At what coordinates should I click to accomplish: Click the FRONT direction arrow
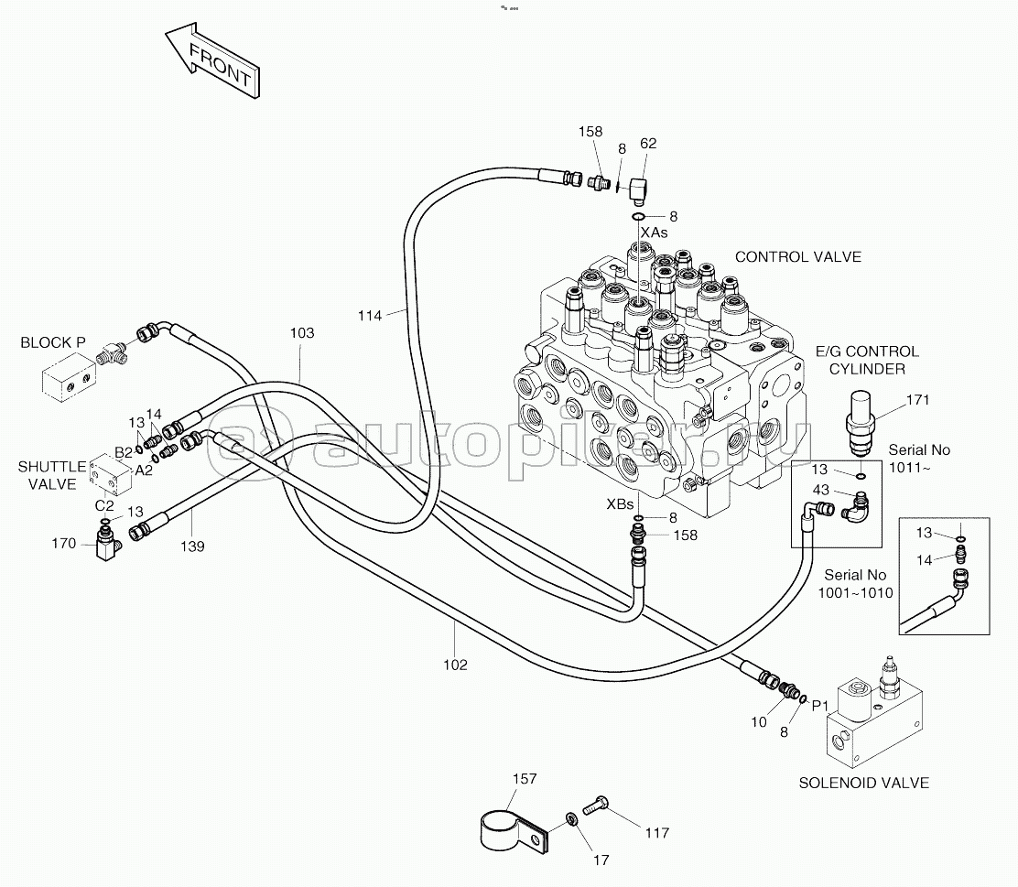(212, 60)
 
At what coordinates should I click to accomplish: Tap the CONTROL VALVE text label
(798, 257)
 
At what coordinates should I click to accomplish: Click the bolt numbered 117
(595, 806)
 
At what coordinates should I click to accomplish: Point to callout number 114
(370, 316)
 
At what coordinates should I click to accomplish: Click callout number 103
(302, 333)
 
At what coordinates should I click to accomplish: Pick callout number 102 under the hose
(455, 665)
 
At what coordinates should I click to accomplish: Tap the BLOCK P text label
(53, 342)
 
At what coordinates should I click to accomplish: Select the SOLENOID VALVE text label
(863, 784)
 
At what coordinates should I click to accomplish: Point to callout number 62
(648, 144)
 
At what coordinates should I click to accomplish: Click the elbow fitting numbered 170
(106, 544)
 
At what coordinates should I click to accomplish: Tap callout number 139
(192, 546)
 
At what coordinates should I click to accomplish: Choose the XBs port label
(620, 503)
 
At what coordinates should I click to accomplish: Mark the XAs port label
(654, 233)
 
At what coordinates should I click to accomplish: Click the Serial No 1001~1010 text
(855, 584)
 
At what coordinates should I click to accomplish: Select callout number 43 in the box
(820, 490)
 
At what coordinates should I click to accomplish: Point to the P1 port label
(820, 706)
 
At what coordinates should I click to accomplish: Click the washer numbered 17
(570, 819)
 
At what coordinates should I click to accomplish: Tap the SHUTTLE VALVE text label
(52, 475)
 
